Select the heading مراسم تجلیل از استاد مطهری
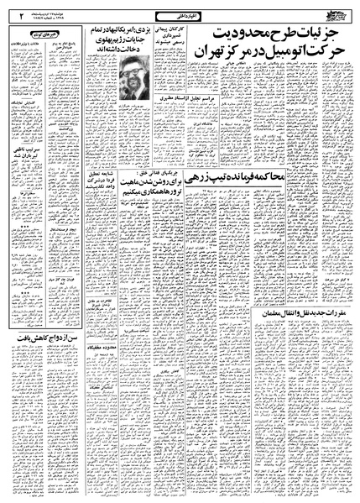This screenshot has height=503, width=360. pyautogui.click(x=179, y=123)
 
